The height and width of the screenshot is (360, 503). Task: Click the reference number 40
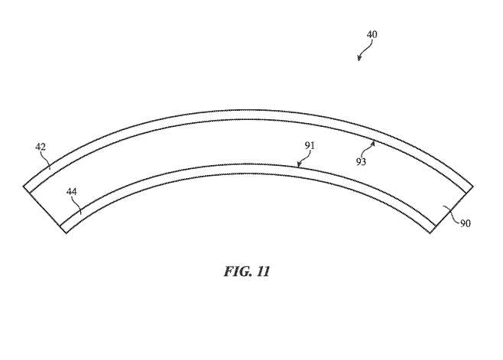pyautogui.click(x=372, y=34)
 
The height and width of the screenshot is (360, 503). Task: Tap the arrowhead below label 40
pyautogui.click(x=359, y=58)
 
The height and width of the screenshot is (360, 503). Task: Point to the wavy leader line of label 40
pyautogui.click(x=365, y=49)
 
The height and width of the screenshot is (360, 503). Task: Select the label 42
pyautogui.click(x=41, y=147)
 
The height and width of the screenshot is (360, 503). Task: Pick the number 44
pyautogui.click(x=72, y=192)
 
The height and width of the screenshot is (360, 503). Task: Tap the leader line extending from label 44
pyautogui.click(x=78, y=206)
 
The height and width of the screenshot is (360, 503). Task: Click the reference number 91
pyautogui.click(x=310, y=146)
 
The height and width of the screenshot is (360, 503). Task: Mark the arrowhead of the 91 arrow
pyautogui.click(x=299, y=165)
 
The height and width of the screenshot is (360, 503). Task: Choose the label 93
pyautogui.click(x=361, y=162)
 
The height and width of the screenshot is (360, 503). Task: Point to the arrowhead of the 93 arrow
pyautogui.click(x=373, y=144)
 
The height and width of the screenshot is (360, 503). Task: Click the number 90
pyautogui.click(x=466, y=223)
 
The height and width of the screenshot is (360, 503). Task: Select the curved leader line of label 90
pyautogui.click(x=452, y=214)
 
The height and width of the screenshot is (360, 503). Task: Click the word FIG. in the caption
pyautogui.click(x=237, y=271)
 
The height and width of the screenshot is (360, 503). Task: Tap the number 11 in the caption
pyautogui.click(x=263, y=272)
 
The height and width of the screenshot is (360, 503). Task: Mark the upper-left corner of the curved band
pyautogui.click(x=24, y=186)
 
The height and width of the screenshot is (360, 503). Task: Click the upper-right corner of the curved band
pyautogui.click(x=473, y=186)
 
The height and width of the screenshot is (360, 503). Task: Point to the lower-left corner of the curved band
pyautogui.click(x=67, y=233)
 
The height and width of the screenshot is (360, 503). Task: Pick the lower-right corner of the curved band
pyautogui.click(x=430, y=233)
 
